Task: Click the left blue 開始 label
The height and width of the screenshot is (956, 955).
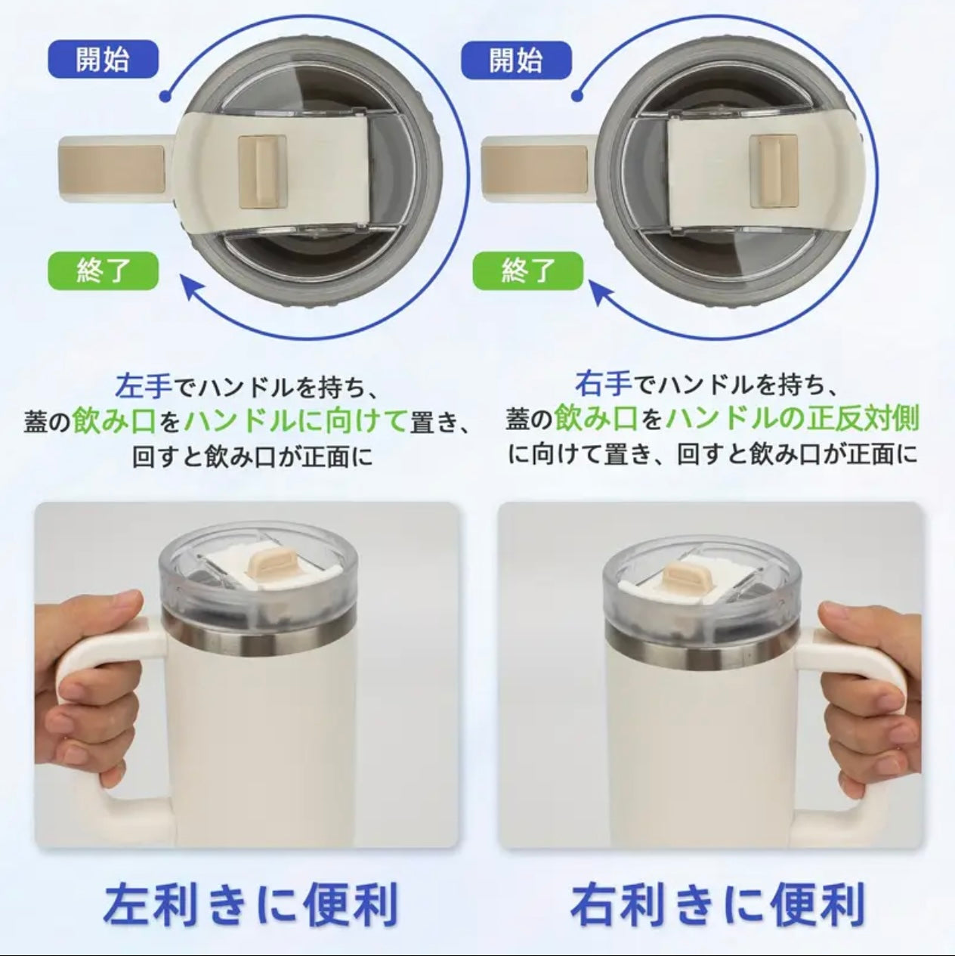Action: click(x=102, y=59)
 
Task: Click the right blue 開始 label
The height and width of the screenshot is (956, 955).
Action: click(x=515, y=59)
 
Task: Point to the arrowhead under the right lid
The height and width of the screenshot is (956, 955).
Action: click(x=604, y=291)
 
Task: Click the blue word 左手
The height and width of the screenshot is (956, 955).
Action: click(x=144, y=386)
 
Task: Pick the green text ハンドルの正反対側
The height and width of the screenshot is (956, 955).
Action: click(x=794, y=419)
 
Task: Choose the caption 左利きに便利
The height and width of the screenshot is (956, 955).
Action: click(x=250, y=904)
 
